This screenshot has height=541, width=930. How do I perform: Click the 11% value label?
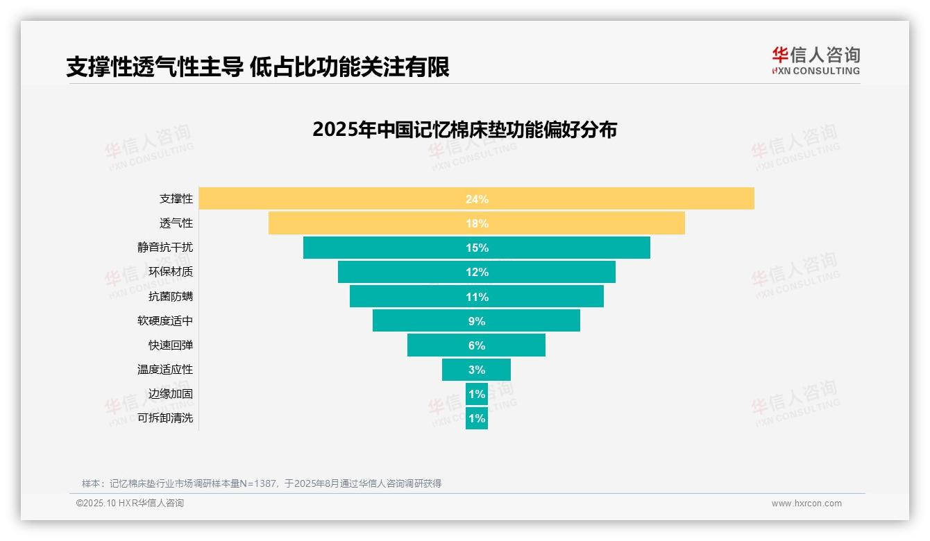click(477, 297)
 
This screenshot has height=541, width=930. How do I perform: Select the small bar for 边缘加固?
click(477, 394)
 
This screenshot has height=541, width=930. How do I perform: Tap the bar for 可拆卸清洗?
click(477, 418)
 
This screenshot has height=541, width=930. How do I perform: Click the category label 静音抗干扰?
click(165, 247)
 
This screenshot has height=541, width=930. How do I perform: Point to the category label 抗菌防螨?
click(171, 296)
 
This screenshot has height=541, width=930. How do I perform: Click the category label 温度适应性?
click(165, 370)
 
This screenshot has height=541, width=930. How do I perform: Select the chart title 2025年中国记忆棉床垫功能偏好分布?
click(464, 130)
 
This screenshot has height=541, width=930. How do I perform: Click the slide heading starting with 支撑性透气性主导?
click(257, 67)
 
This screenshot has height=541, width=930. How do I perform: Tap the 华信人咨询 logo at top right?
click(815, 60)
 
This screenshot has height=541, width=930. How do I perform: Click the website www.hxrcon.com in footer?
click(806, 504)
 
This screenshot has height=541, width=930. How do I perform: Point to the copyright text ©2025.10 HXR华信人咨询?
click(130, 504)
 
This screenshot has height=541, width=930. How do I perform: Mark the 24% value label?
click(477, 199)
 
